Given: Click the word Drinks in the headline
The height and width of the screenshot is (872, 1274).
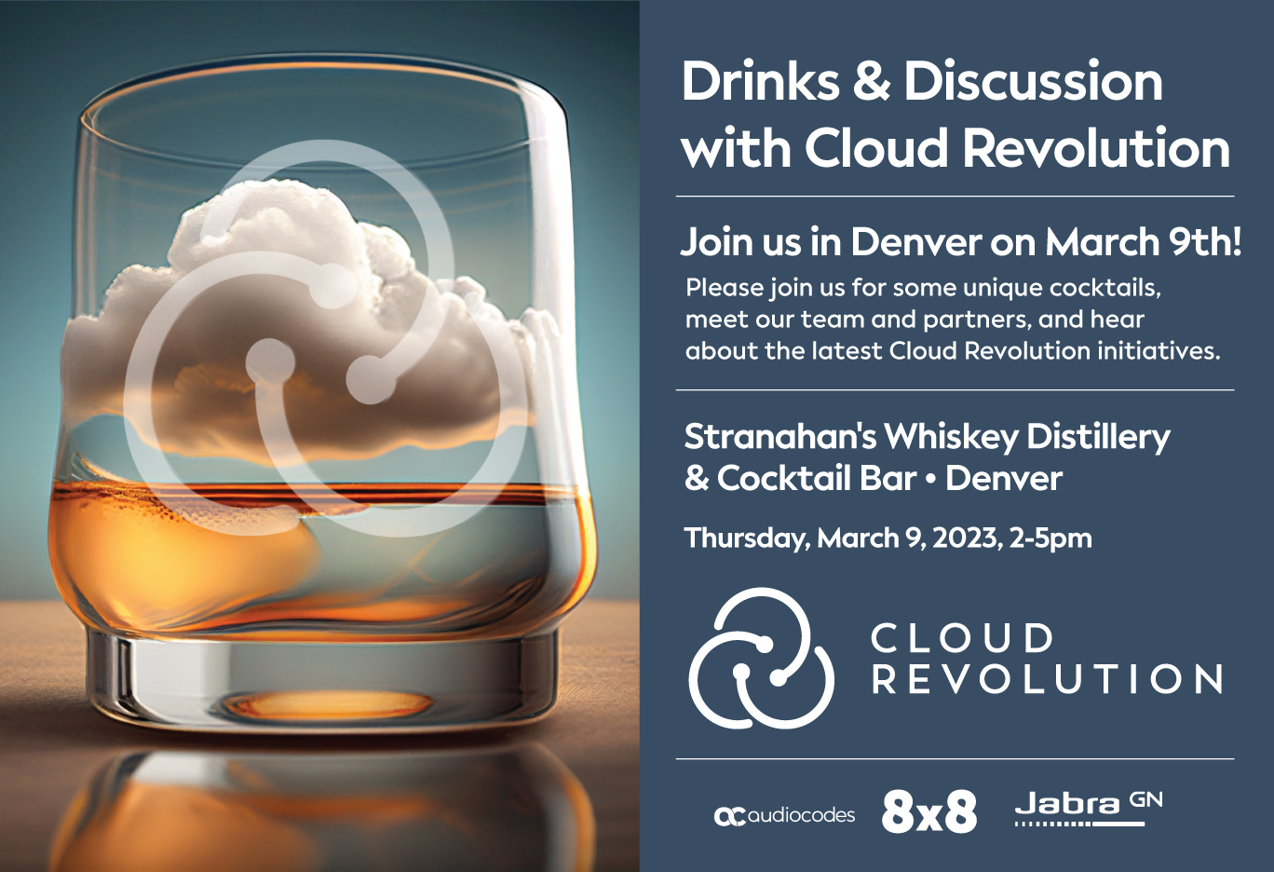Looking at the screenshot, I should (761, 82).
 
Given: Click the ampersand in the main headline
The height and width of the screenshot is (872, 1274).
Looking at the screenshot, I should (871, 82).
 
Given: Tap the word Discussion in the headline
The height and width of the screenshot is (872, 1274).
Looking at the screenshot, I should (1033, 82).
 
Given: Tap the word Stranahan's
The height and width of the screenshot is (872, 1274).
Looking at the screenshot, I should (779, 436).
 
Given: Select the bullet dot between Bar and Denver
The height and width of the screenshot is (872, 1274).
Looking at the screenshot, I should (930, 480).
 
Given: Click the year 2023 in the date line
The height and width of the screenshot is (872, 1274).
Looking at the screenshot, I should (967, 538).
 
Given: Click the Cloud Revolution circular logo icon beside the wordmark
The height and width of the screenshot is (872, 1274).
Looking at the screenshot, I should (762, 658).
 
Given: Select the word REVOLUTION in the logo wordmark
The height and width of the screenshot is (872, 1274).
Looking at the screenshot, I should (1047, 680).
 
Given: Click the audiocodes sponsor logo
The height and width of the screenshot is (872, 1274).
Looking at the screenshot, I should (784, 816).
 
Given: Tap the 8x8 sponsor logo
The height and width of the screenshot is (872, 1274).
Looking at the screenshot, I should (928, 812).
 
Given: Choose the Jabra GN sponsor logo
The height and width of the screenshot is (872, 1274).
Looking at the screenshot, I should (1088, 807).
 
